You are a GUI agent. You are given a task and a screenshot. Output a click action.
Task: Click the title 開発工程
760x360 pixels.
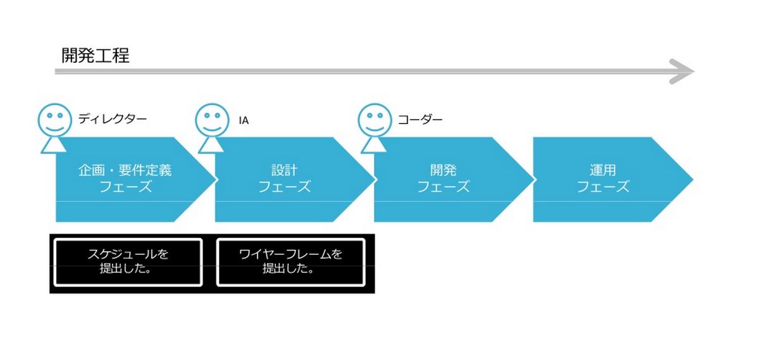(x=96, y=56)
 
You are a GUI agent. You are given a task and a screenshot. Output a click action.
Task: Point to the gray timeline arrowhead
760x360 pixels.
(x=682, y=71)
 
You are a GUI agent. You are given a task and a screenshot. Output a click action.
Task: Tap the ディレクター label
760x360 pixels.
(x=112, y=119)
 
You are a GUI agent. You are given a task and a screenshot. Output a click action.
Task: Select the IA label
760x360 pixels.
(x=244, y=120)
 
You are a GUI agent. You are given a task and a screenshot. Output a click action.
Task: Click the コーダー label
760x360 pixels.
(x=420, y=120)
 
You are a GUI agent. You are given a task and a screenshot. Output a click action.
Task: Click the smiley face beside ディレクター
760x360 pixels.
(x=54, y=120)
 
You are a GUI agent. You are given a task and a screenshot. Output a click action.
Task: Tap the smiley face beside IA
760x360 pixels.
(x=212, y=120)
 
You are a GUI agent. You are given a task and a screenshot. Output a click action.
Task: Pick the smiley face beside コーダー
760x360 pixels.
(x=375, y=120)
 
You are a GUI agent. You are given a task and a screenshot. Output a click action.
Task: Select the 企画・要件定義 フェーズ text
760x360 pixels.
(x=125, y=178)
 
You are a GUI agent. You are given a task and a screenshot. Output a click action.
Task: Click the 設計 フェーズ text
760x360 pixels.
(x=284, y=178)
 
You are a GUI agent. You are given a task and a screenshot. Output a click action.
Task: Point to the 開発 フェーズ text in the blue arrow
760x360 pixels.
(x=443, y=178)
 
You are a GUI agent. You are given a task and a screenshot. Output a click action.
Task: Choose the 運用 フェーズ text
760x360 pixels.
(x=603, y=178)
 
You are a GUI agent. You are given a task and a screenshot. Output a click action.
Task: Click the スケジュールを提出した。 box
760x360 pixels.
(x=128, y=263)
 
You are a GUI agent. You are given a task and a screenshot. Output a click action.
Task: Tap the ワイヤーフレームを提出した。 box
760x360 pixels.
(x=290, y=263)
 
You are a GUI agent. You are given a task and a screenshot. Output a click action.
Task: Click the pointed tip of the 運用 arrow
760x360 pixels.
(x=693, y=180)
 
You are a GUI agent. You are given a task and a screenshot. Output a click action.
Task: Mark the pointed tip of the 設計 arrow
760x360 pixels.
(x=375, y=180)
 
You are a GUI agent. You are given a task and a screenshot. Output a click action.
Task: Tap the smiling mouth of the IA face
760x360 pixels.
(x=212, y=129)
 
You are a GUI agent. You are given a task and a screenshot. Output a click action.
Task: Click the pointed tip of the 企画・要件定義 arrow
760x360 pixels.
(x=216, y=180)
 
